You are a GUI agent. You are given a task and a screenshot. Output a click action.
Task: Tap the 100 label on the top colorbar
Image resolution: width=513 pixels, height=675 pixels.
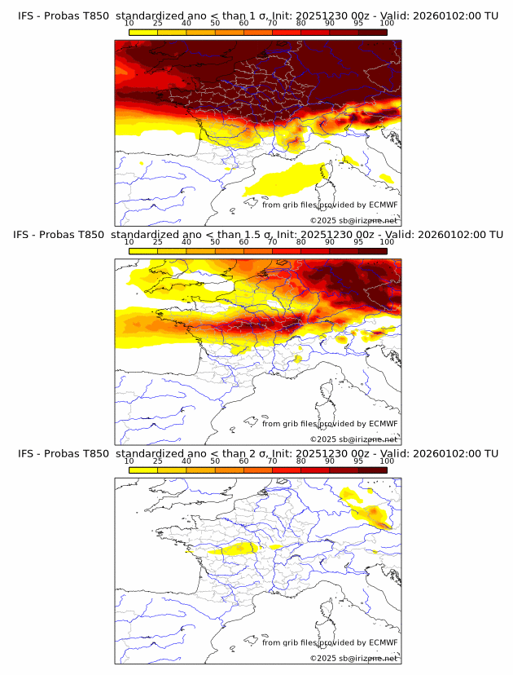point(387,24)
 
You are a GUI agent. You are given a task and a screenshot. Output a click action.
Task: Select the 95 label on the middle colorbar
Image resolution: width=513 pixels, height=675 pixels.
point(358,242)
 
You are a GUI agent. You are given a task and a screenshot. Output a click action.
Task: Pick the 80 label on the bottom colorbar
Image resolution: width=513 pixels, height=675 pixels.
point(301,461)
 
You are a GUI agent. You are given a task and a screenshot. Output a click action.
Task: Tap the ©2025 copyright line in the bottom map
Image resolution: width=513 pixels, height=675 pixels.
point(353,658)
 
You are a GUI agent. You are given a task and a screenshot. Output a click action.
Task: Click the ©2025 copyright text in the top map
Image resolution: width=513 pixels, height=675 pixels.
point(353,220)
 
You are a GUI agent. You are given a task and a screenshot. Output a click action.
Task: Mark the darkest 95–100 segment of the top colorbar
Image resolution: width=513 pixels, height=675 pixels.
point(372,32)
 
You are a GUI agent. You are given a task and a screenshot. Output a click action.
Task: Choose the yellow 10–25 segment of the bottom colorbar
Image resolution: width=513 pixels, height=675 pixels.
point(143,470)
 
